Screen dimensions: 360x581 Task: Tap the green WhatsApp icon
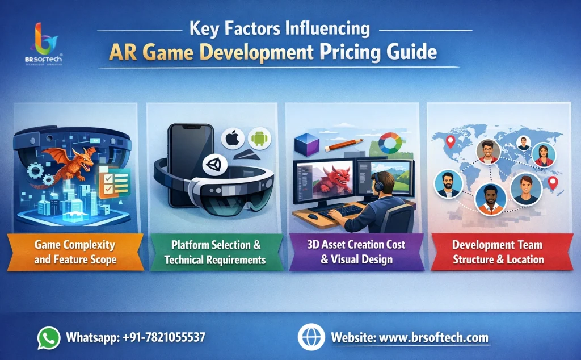[x=49, y=337]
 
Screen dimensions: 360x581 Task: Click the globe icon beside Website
[x=311, y=337]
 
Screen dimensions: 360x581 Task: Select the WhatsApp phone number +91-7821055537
[x=164, y=337]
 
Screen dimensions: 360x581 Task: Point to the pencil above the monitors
[x=343, y=144]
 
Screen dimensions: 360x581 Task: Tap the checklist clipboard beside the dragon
[x=113, y=182]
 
